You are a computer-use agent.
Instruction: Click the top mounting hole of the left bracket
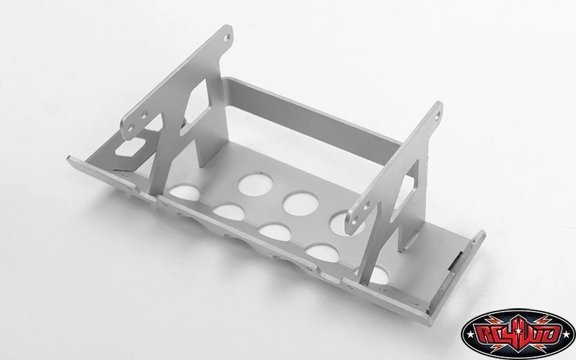[x=228, y=33]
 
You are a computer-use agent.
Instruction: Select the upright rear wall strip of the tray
[x=317, y=115]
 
